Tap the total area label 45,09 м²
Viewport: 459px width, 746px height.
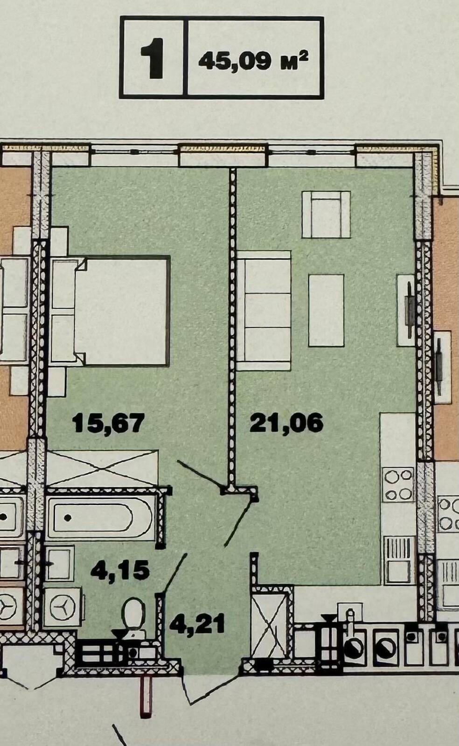coord(253,61)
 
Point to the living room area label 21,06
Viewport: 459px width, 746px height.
coord(286,423)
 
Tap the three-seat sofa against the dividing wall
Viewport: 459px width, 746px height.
coord(264,311)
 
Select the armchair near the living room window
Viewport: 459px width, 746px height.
coord(326,214)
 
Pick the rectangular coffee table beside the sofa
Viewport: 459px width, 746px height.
coord(326,311)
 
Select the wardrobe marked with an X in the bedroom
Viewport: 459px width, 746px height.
coord(102,468)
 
